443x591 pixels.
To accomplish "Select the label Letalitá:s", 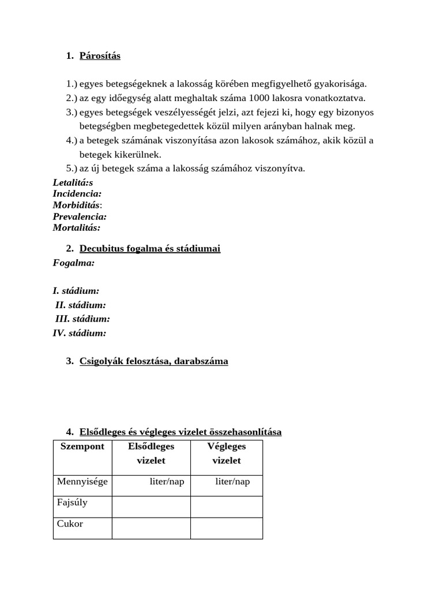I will [73, 183].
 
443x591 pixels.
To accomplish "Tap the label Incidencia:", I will [77, 194].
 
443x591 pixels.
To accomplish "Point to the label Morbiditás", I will [76, 205].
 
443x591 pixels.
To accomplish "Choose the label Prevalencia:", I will [80, 216].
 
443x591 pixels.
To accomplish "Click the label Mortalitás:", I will [77, 227].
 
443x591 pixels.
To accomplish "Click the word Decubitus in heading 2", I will [100, 249].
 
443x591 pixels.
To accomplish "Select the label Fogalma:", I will [74, 263].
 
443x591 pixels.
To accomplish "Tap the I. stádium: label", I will [76, 291].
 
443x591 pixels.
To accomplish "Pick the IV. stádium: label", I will [80, 333].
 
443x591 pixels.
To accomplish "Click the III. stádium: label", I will [82, 319].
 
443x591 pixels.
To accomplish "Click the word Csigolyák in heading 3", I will [101, 361].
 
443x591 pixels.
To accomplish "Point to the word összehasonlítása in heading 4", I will [245, 432].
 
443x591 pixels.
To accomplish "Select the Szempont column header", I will [82, 447].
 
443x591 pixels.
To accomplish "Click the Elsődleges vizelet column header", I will [151, 454].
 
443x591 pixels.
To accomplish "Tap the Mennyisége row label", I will [82, 481].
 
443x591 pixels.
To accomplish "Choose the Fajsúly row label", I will [73, 503].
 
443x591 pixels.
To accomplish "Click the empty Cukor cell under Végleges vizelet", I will [226, 528].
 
